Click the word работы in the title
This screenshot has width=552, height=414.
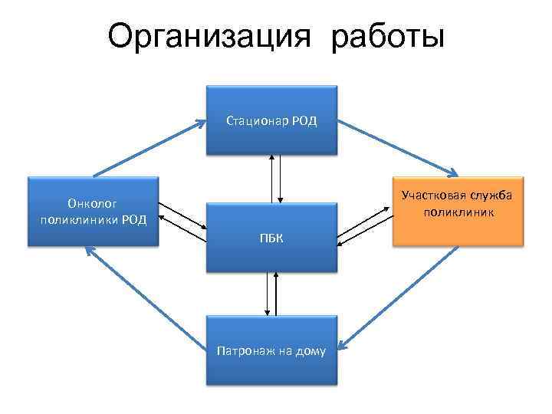pos(388,37)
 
